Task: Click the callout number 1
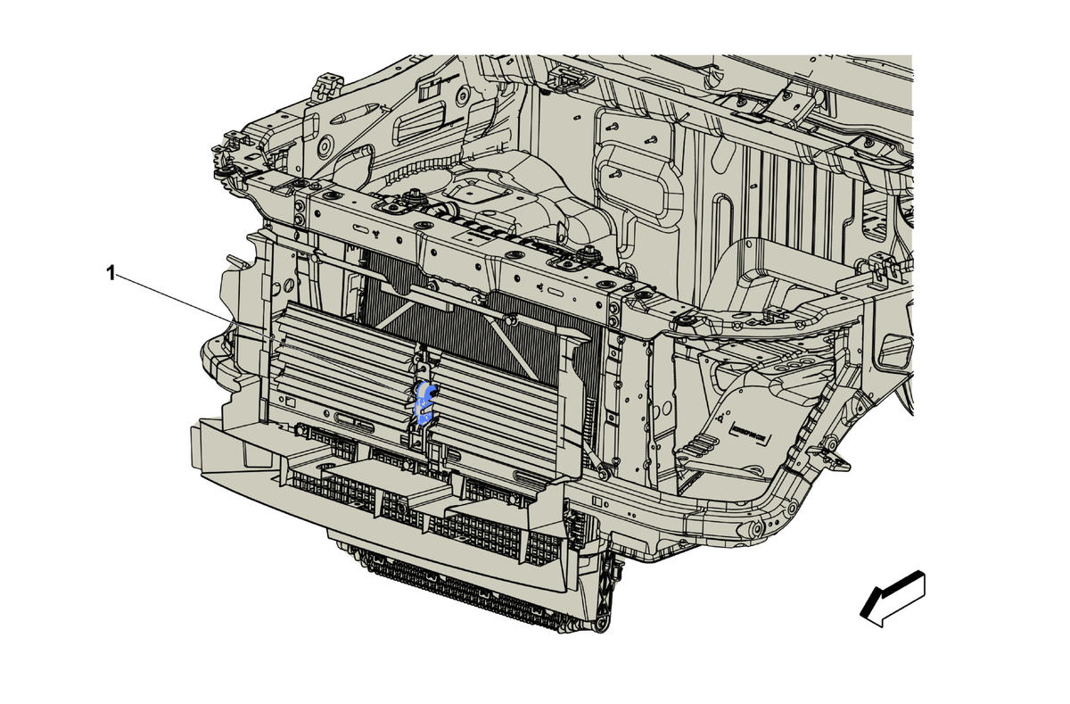point(111,274)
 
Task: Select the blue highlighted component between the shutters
point(424,403)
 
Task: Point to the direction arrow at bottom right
point(893,600)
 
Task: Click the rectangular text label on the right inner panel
point(748,433)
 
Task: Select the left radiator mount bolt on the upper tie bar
point(410,195)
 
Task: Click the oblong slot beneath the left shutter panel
point(355,423)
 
